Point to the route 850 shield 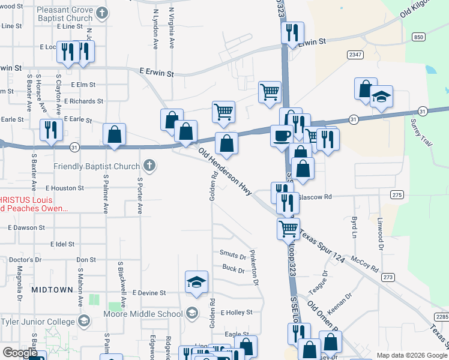tap(418, 37)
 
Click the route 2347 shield tap(355, 55)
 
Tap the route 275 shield tap(396, 194)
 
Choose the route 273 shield tap(388, 277)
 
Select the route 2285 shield tap(441, 317)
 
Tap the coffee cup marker tap(281, 136)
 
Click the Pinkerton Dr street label tap(255, 266)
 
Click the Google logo tap(20, 353)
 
